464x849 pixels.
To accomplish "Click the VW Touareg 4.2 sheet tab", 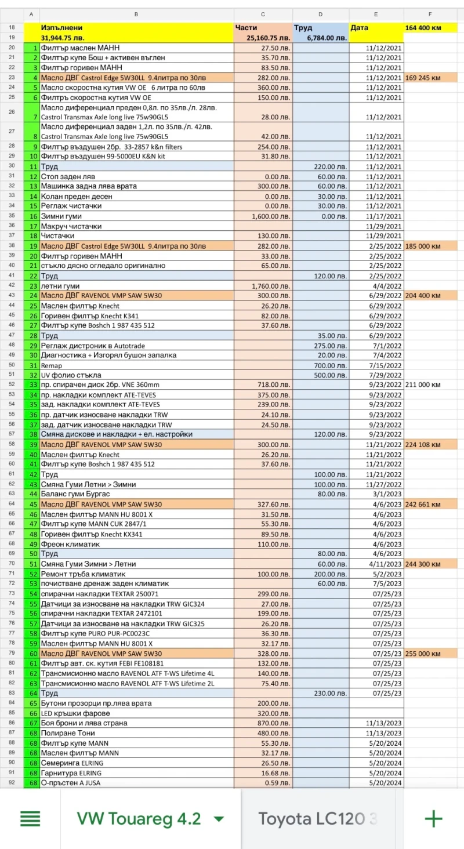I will pyautogui.click(x=139, y=818).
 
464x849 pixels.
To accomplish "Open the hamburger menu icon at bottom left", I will pyautogui.click(x=30, y=818).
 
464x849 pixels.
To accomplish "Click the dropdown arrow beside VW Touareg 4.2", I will pyautogui.click(x=219, y=819).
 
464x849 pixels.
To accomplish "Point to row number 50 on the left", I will pyautogui.click(x=12, y=365).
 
